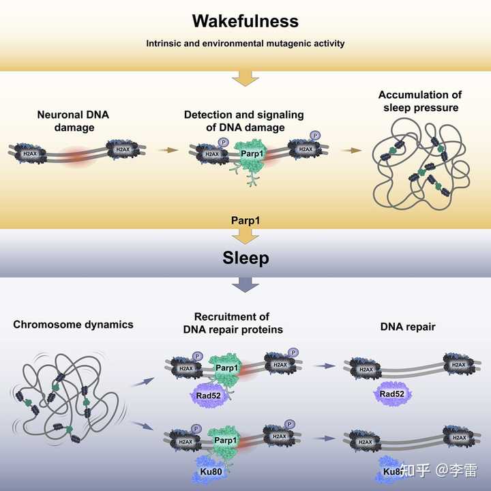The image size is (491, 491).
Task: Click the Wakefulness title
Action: pos(245,21)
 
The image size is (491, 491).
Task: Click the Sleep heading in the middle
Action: pos(245,258)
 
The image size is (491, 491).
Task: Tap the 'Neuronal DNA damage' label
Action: pos(73,120)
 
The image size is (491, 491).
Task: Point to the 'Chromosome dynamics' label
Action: pos(73,325)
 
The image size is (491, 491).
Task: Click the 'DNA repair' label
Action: pos(408,327)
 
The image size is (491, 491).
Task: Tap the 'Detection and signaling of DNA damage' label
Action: pos(243,120)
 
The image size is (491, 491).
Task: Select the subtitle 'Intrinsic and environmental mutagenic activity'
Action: pos(245,44)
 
